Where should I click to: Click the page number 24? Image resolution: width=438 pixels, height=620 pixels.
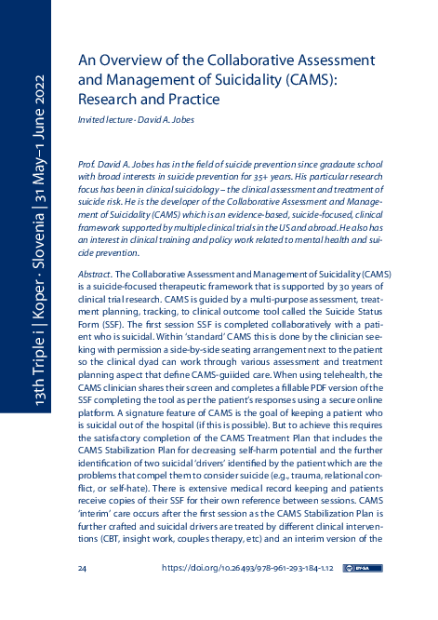pyautogui.click(x=83, y=567)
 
